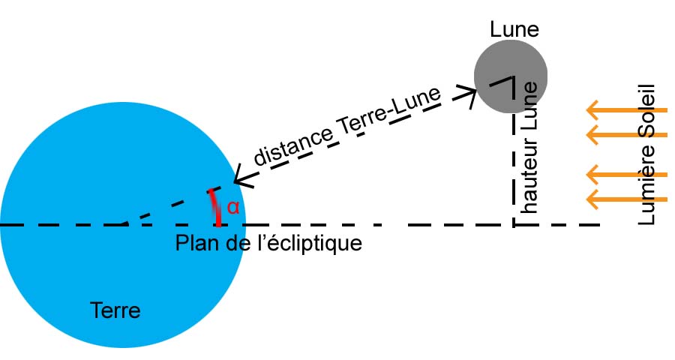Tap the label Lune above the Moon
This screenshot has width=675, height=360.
[x=514, y=29]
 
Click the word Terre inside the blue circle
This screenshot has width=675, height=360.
[x=115, y=310]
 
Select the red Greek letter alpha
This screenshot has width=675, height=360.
[x=232, y=208]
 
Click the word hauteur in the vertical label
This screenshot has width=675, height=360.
[x=529, y=179]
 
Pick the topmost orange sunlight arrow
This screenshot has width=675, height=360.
[x=626, y=111]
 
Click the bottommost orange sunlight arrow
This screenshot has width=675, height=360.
[x=626, y=199]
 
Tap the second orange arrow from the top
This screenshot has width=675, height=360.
[x=626, y=135]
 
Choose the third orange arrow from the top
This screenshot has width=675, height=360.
[x=626, y=175]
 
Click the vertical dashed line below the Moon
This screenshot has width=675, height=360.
[x=514, y=165]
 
